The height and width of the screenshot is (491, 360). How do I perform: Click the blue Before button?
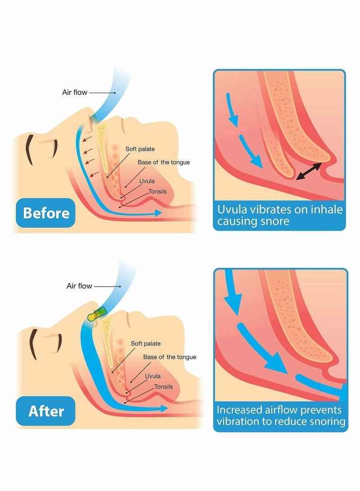(46, 212)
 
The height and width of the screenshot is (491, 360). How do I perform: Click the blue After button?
(46, 411)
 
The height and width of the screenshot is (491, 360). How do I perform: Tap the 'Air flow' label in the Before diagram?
(74, 93)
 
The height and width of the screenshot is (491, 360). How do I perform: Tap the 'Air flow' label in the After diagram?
(79, 286)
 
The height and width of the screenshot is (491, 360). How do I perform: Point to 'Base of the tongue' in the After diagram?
(170, 357)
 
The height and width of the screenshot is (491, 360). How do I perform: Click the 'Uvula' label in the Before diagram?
(148, 182)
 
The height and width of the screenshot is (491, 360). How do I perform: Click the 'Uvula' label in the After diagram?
(153, 376)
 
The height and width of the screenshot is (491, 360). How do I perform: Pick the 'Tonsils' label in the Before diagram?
(157, 192)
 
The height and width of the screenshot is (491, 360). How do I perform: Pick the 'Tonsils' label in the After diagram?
(164, 387)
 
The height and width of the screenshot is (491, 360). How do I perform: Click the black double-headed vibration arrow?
(309, 172)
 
